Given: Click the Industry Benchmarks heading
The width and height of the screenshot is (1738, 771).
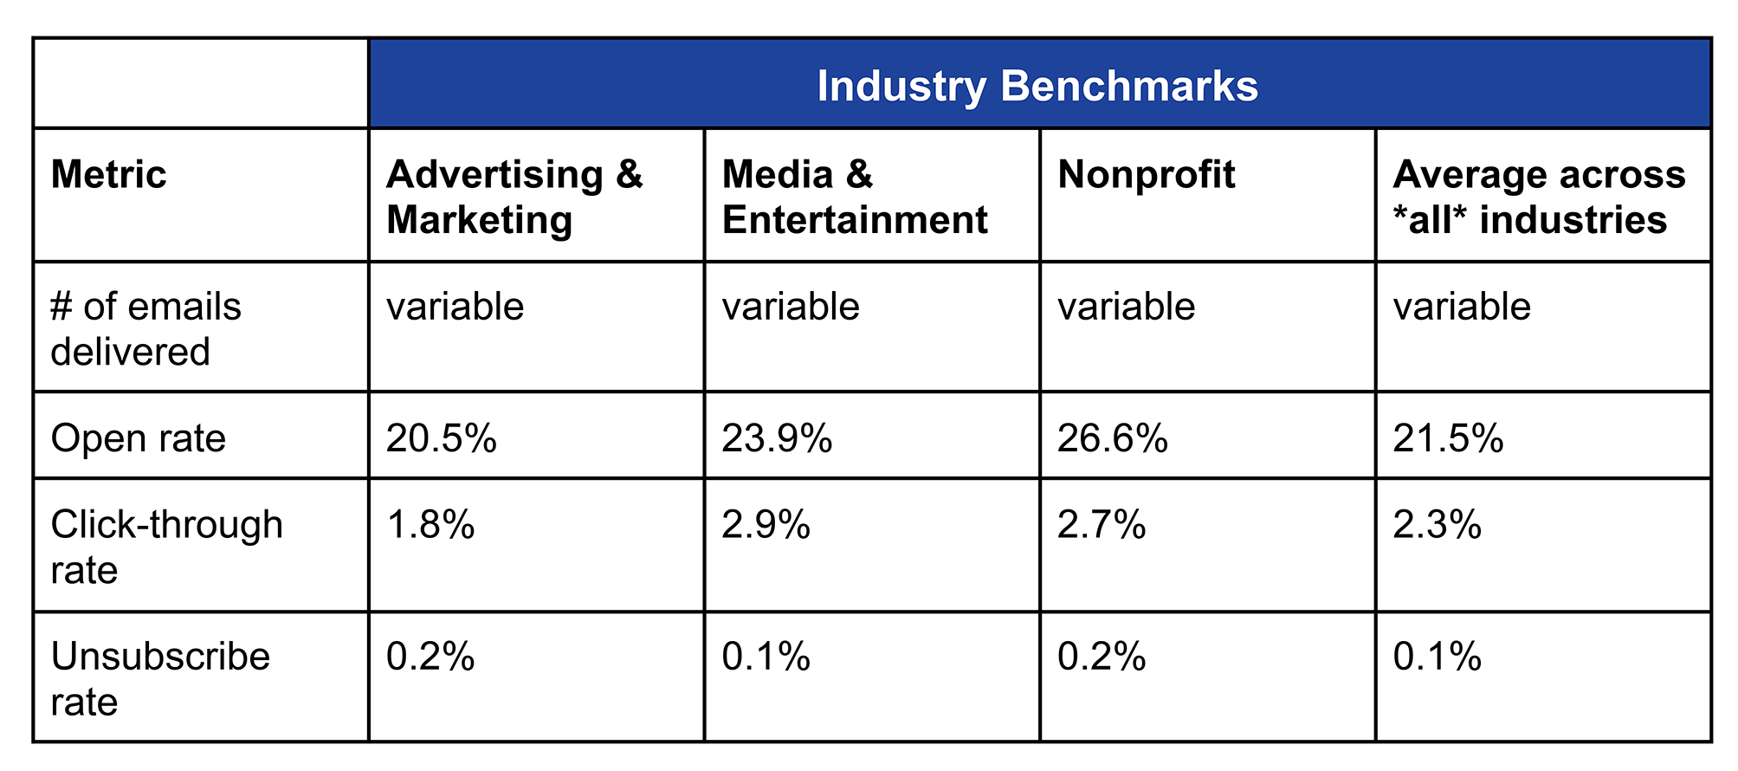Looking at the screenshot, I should click(1037, 87).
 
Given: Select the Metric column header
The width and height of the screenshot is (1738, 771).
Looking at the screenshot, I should click(108, 175).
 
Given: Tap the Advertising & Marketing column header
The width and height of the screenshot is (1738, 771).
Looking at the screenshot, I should click(514, 198).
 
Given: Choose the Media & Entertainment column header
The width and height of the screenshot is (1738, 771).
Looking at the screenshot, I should click(854, 198).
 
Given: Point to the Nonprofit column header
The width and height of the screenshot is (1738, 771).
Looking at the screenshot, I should click(1146, 175).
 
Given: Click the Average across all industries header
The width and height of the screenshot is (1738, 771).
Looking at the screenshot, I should click(1538, 198).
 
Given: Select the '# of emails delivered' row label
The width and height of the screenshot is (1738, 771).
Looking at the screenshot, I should click(145, 329).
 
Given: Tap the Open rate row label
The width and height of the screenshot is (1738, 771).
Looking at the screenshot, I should click(138, 438).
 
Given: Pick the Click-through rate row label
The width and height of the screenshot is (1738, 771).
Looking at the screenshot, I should click(166, 547).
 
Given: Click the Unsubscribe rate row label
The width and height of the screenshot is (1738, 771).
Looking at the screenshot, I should click(160, 679).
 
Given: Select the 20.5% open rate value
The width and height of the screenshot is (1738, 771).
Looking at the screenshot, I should click(441, 438).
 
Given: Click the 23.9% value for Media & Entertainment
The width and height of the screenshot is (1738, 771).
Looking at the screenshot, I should click(776, 438).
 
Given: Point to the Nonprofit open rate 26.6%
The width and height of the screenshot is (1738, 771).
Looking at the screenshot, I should click(1112, 438).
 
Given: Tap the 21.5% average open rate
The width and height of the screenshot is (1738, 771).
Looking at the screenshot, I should click(1447, 438).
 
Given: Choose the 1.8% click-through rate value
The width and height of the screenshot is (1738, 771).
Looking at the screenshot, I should click(430, 525).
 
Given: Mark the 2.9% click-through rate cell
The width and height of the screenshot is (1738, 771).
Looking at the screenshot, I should click(766, 525).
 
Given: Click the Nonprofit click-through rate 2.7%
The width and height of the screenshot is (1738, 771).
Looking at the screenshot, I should click(1101, 525).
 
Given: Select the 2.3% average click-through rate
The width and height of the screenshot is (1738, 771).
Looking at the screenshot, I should click(1437, 525).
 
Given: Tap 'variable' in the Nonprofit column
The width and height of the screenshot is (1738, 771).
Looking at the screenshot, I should click(1126, 307).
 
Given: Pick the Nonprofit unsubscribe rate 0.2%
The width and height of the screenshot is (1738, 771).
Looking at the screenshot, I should click(1101, 657).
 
